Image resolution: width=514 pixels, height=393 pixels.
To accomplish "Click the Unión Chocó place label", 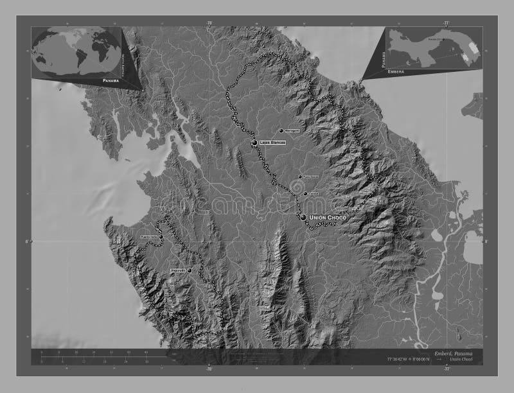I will tap(328, 218).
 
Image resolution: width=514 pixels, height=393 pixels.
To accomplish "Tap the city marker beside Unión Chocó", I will tap(303, 218).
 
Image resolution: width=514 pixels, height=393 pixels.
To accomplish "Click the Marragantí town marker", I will tap(281, 130).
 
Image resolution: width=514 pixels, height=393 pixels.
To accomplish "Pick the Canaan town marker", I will tap(305, 193).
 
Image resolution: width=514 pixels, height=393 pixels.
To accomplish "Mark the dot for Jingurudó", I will tap(190, 271).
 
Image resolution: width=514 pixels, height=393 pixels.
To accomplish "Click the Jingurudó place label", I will tap(177, 271).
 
